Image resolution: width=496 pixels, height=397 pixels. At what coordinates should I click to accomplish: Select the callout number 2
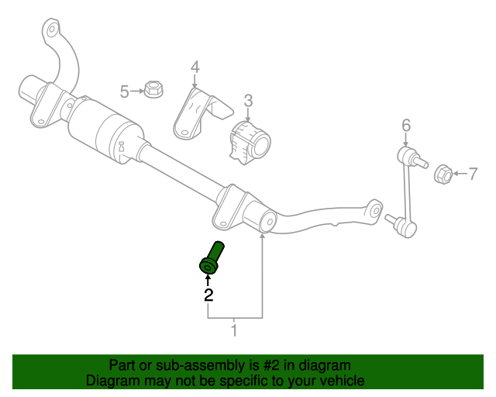tap(208, 295)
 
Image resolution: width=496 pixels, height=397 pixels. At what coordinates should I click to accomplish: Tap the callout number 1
tap(234, 332)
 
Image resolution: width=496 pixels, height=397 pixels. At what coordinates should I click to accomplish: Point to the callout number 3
tap(248, 100)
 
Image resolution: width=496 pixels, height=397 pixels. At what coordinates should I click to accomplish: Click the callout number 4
tap(195, 67)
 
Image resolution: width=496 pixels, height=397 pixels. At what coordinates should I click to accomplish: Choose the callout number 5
tap(125, 92)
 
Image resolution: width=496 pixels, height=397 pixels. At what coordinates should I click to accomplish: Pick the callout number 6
tap(405, 124)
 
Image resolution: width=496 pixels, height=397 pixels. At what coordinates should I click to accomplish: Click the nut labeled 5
tap(153, 91)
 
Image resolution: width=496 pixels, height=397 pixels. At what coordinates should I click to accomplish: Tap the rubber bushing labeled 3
tap(250, 142)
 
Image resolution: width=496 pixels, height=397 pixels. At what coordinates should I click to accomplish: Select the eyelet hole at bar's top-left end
tap(52, 32)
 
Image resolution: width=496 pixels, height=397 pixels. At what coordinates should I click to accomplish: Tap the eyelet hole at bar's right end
tap(375, 209)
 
